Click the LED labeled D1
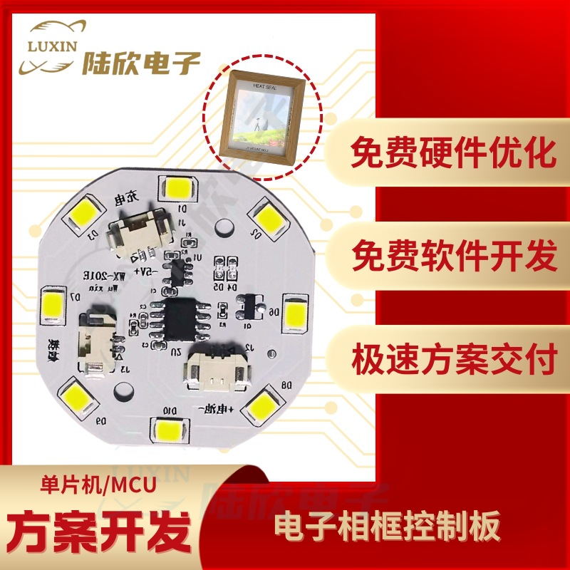click(x=177, y=187)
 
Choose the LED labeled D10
click(x=170, y=430)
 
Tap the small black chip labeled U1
click(x=177, y=271)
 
